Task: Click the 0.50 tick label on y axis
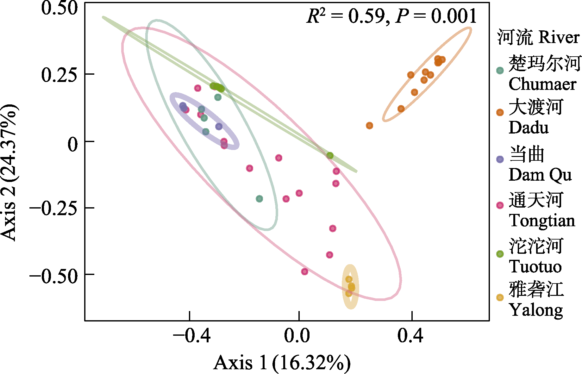59,8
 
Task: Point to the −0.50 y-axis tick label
53,276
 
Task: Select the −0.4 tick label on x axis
191,336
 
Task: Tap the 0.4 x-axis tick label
410,336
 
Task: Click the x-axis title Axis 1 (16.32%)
282,363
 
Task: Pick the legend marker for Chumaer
500,70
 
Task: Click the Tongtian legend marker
500,205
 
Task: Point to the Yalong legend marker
500,297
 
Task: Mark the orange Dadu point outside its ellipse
369,126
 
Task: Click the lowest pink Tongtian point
304,271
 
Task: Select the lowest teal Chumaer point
259,199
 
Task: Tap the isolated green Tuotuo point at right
330,155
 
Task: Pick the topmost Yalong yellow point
349,279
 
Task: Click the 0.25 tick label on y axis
59,75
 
